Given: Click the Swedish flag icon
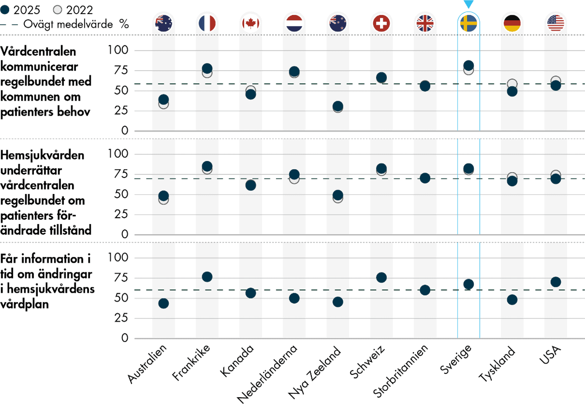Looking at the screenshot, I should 468,23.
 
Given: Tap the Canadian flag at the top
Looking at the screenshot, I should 250,23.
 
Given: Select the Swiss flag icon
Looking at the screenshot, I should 381,23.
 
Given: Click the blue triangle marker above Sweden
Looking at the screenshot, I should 468,4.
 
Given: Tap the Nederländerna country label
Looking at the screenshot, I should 268,373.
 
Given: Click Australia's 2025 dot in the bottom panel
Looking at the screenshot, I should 163,303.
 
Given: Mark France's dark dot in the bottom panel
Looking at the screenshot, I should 207,277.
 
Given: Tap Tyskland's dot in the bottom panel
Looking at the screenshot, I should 512,299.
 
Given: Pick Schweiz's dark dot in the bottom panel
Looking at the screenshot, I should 381,277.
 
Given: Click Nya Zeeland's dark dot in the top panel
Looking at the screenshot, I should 337,106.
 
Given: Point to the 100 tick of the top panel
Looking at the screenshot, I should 118,50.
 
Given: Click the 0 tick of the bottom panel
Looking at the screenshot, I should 125,338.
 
